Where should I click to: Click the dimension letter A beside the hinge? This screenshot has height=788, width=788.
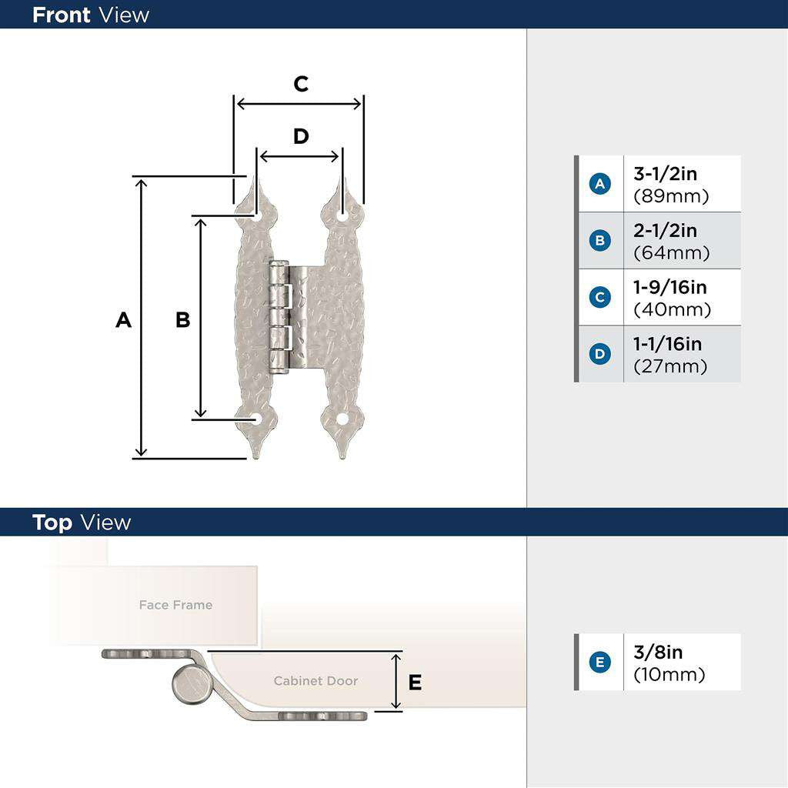123,319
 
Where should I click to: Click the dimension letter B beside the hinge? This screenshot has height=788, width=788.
182,319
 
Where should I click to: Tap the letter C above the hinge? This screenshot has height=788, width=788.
301,84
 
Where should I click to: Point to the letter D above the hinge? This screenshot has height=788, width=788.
301,136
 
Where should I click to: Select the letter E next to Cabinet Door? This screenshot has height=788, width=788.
415,682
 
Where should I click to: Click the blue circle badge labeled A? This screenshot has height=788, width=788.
599,184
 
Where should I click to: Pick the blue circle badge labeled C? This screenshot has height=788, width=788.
599,297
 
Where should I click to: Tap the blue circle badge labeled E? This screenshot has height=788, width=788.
599,662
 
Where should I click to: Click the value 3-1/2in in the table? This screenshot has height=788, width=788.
665,175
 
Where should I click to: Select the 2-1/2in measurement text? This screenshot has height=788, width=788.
665,231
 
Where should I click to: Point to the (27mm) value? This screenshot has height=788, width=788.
670,366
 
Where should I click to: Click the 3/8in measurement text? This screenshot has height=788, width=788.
658,653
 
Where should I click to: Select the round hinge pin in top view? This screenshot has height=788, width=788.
189,685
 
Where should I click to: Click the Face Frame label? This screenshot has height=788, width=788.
175,605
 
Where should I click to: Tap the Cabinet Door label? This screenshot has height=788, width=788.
316,681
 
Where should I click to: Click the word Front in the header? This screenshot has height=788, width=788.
62,15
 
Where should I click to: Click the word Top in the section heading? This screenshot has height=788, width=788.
52,523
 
